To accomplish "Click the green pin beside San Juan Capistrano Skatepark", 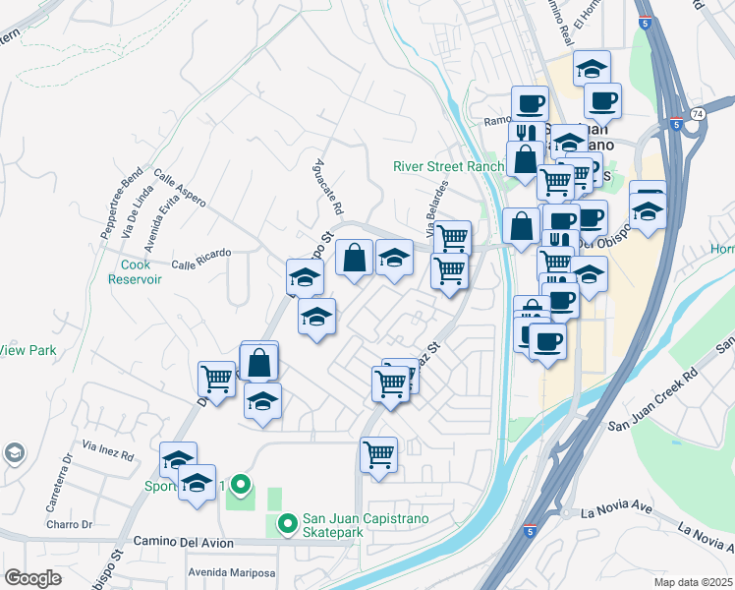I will point(287,524).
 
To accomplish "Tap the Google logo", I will point(33,577).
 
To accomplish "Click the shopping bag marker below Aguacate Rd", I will point(354,258).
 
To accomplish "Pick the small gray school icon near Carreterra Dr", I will point(14,452).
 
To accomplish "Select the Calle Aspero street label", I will point(180,189).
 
